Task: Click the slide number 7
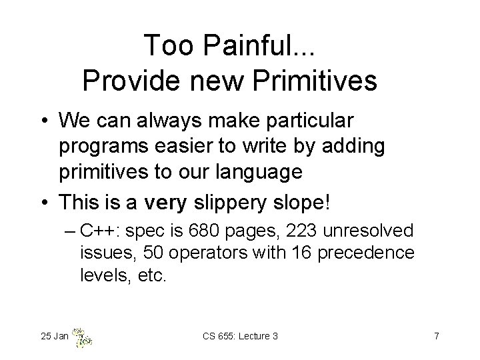436,336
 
